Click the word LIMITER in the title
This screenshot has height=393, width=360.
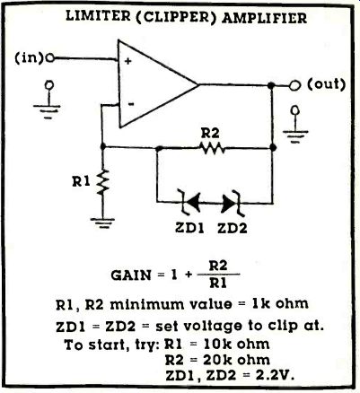98,17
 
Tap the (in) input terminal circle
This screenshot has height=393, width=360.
50,58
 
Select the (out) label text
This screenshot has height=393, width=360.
326,84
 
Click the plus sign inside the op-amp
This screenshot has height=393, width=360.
128,61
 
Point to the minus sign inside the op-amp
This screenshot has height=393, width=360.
130,104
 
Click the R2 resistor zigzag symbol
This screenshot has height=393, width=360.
213,148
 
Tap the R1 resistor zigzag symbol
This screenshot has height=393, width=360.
102,181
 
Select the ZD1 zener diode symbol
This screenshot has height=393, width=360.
189,203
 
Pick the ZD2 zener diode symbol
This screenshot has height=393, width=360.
233,204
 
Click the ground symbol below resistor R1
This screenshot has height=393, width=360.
102,223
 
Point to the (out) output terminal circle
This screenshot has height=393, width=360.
295,86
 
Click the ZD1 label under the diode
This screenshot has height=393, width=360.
189,228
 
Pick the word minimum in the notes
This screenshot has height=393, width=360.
147,304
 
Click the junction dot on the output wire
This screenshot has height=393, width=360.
271,85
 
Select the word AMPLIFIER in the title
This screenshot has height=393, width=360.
265,18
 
